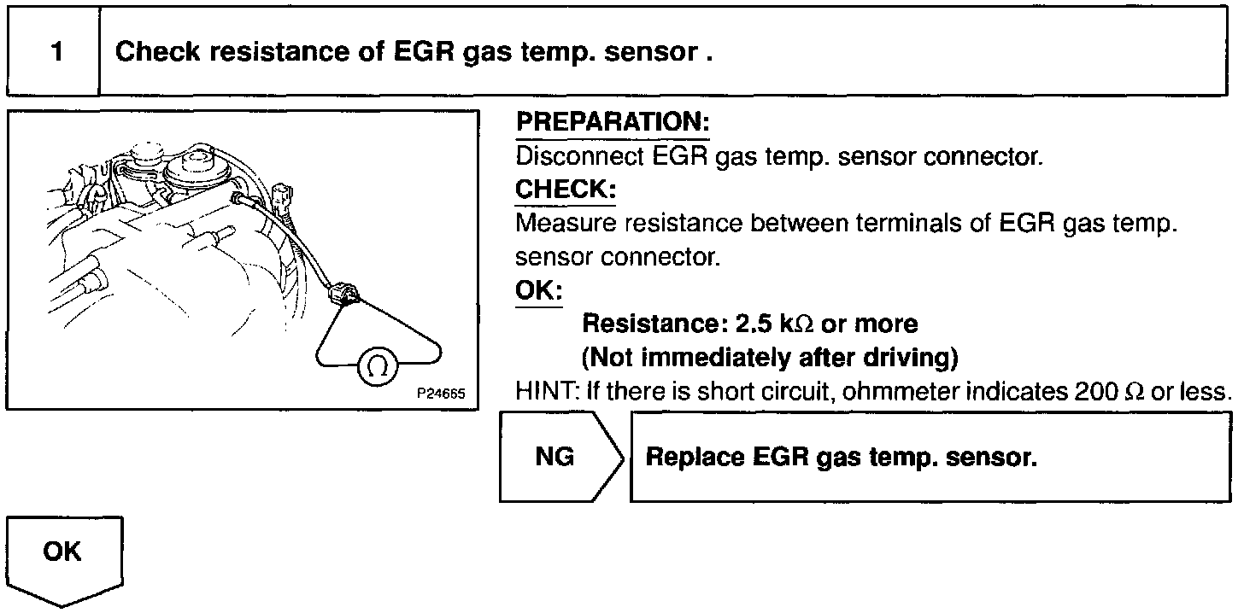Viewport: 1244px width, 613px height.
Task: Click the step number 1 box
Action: click(x=56, y=52)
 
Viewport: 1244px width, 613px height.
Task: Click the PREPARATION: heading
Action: click(x=613, y=123)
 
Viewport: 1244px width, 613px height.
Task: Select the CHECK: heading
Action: click(x=565, y=190)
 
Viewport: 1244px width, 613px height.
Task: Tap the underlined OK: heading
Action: click(x=539, y=290)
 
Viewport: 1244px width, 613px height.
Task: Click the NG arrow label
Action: click(x=555, y=458)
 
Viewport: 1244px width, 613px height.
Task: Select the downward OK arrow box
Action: click(x=65, y=555)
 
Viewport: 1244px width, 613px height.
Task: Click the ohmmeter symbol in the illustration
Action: click(x=375, y=366)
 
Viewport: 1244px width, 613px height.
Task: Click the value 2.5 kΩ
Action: click(x=765, y=324)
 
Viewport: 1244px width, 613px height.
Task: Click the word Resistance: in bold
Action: click(x=654, y=324)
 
